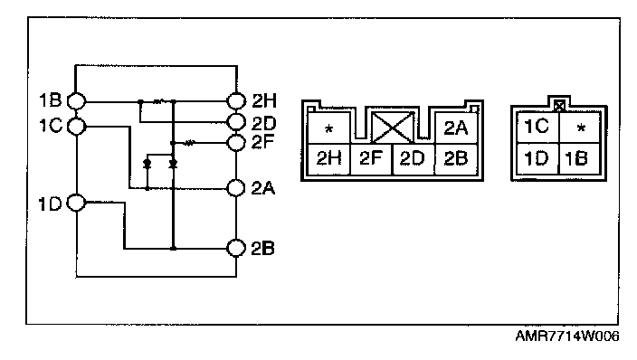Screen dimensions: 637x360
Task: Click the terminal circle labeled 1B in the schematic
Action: (x=76, y=101)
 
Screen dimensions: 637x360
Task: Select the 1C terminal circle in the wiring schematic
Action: (x=76, y=127)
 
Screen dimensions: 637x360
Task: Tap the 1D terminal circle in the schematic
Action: (x=76, y=203)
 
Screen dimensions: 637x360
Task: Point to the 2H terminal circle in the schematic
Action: (x=236, y=100)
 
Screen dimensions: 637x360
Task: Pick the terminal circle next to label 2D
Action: (x=236, y=121)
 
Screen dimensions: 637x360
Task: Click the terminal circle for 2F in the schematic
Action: (x=236, y=143)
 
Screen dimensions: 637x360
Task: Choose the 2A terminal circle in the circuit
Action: (x=235, y=188)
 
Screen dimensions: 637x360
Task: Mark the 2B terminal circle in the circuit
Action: (x=235, y=248)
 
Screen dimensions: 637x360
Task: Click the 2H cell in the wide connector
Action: (x=328, y=159)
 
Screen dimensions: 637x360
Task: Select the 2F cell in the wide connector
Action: (x=371, y=159)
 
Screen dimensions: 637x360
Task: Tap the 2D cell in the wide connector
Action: (x=414, y=159)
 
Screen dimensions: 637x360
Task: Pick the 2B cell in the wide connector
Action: (x=456, y=159)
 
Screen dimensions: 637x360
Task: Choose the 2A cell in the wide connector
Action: (x=456, y=128)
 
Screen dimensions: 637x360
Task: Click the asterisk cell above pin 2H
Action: (x=328, y=128)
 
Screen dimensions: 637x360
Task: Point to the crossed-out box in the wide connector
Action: (x=393, y=128)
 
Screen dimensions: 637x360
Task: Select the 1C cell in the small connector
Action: (x=537, y=128)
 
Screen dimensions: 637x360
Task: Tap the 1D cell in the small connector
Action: (x=537, y=158)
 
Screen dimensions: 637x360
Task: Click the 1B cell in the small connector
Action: (x=580, y=158)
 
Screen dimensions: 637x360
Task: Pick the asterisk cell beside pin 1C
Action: (x=580, y=128)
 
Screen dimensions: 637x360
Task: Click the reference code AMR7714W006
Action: (x=567, y=336)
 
